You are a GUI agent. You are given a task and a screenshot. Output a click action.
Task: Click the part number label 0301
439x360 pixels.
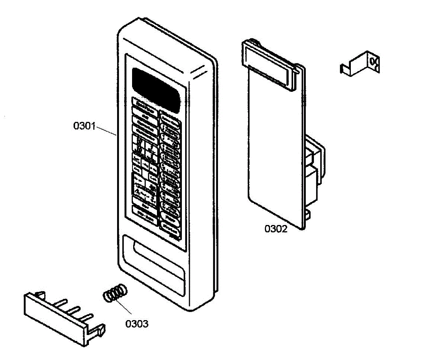point(85,126)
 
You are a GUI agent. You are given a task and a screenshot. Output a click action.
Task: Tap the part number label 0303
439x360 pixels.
point(137,323)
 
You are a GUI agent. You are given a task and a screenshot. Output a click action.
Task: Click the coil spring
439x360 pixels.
point(115,293)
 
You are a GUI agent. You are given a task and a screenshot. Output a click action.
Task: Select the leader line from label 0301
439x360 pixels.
point(106,131)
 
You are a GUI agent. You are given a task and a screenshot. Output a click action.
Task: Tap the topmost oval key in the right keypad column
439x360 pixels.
point(169,117)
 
